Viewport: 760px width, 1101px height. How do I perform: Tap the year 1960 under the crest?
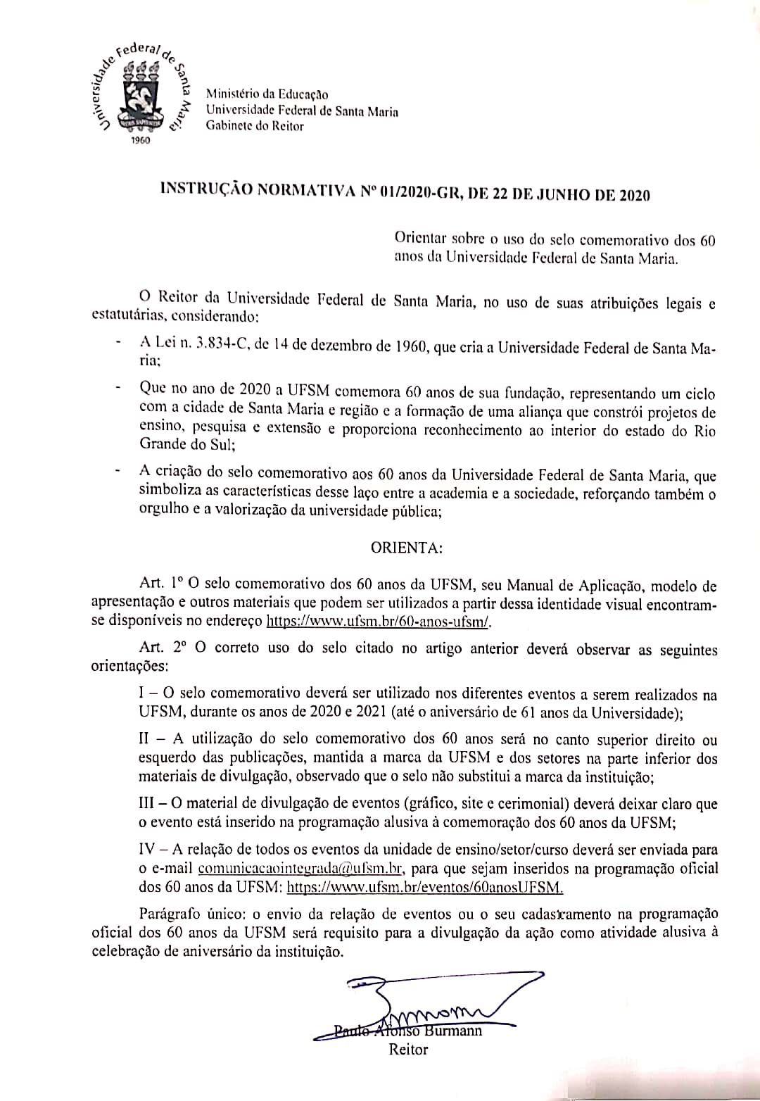pyautogui.click(x=141, y=141)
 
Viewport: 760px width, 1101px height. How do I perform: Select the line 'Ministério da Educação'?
pyautogui.click(x=267, y=94)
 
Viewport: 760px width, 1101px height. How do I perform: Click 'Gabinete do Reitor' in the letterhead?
pyautogui.click(x=255, y=126)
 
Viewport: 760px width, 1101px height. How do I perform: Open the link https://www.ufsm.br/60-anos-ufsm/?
pyautogui.click(x=379, y=622)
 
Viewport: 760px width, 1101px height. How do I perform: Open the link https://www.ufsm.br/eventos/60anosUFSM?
pyautogui.click(x=426, y=887)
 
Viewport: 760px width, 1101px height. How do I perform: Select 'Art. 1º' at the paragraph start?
pyautogui.click(x=161, y=584)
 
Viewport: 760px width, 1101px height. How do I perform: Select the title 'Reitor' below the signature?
pyautogui.click(x=408, y=1050)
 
